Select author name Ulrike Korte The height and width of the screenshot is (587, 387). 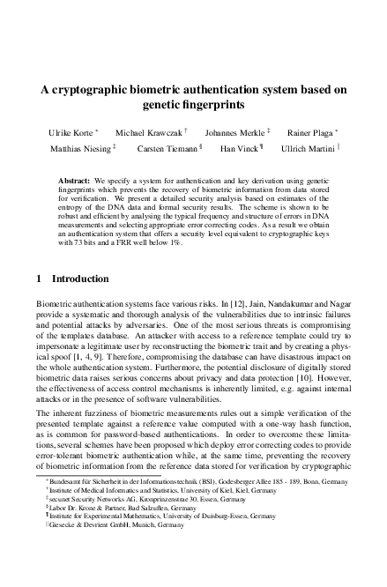click(74, 131)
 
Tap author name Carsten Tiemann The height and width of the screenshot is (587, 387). click(167, 148)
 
